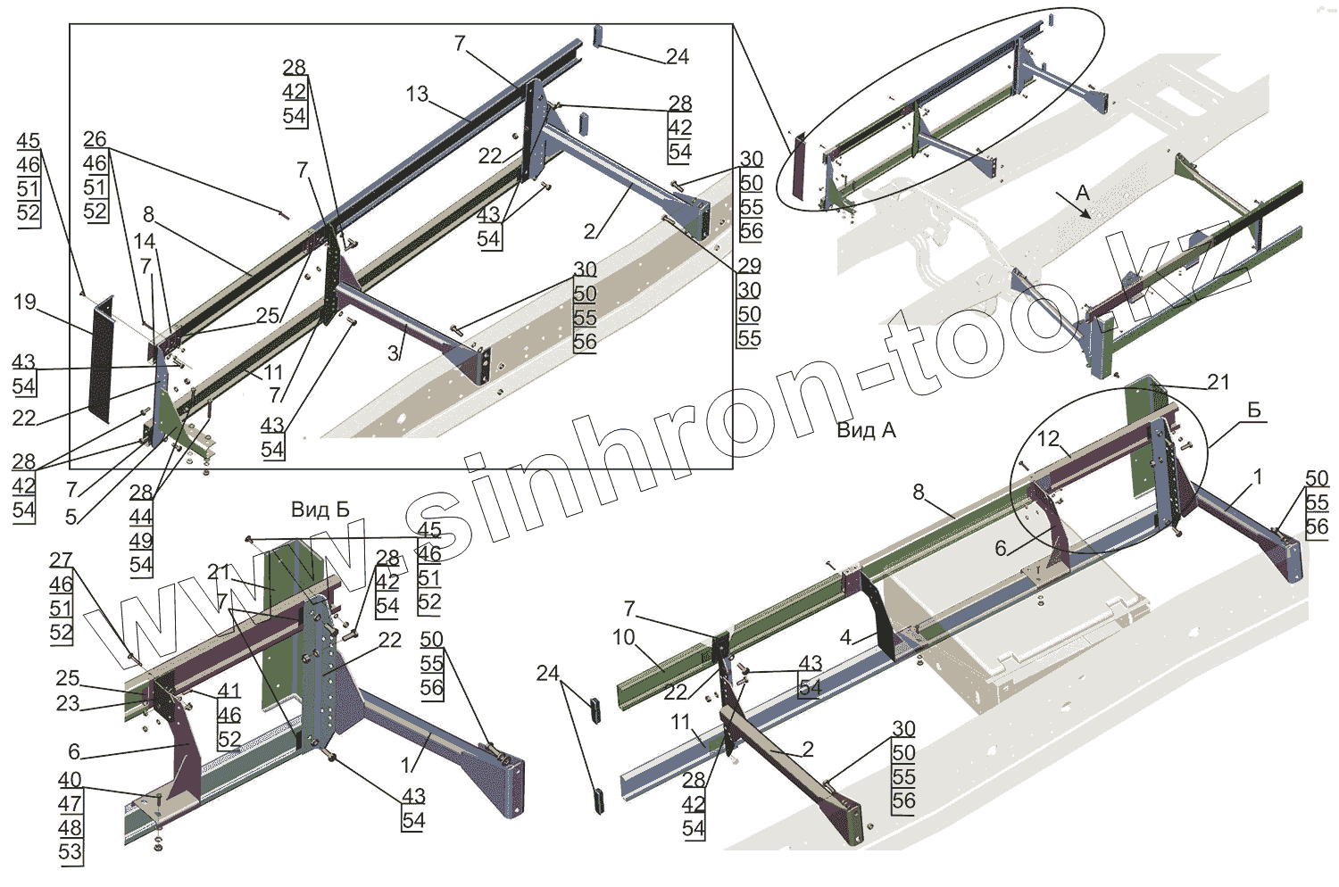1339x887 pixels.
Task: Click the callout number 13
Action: point(417,94)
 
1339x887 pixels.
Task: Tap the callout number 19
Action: point(25,302)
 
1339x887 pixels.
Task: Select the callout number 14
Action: point(145,241)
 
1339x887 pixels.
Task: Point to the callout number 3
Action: point(393,353)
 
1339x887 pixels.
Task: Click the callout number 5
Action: point(71,517)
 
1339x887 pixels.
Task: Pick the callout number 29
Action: point(749,265)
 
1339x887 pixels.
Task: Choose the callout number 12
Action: point(1048,438)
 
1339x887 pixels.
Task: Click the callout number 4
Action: point(845,638)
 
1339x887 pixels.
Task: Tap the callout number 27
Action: point(61,560)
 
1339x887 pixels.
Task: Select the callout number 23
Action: point(68,703)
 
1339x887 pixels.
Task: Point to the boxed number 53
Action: point(71,852)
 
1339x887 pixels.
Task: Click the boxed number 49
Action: point(141,541)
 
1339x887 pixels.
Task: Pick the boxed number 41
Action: point(229,691)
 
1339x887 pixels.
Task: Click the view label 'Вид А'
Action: point(866,430)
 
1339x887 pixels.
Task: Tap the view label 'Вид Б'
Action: point(320,510)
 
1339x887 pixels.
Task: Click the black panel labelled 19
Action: point(103,357)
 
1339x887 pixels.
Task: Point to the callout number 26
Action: point(95,139)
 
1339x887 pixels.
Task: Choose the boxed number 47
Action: point(71,804)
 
